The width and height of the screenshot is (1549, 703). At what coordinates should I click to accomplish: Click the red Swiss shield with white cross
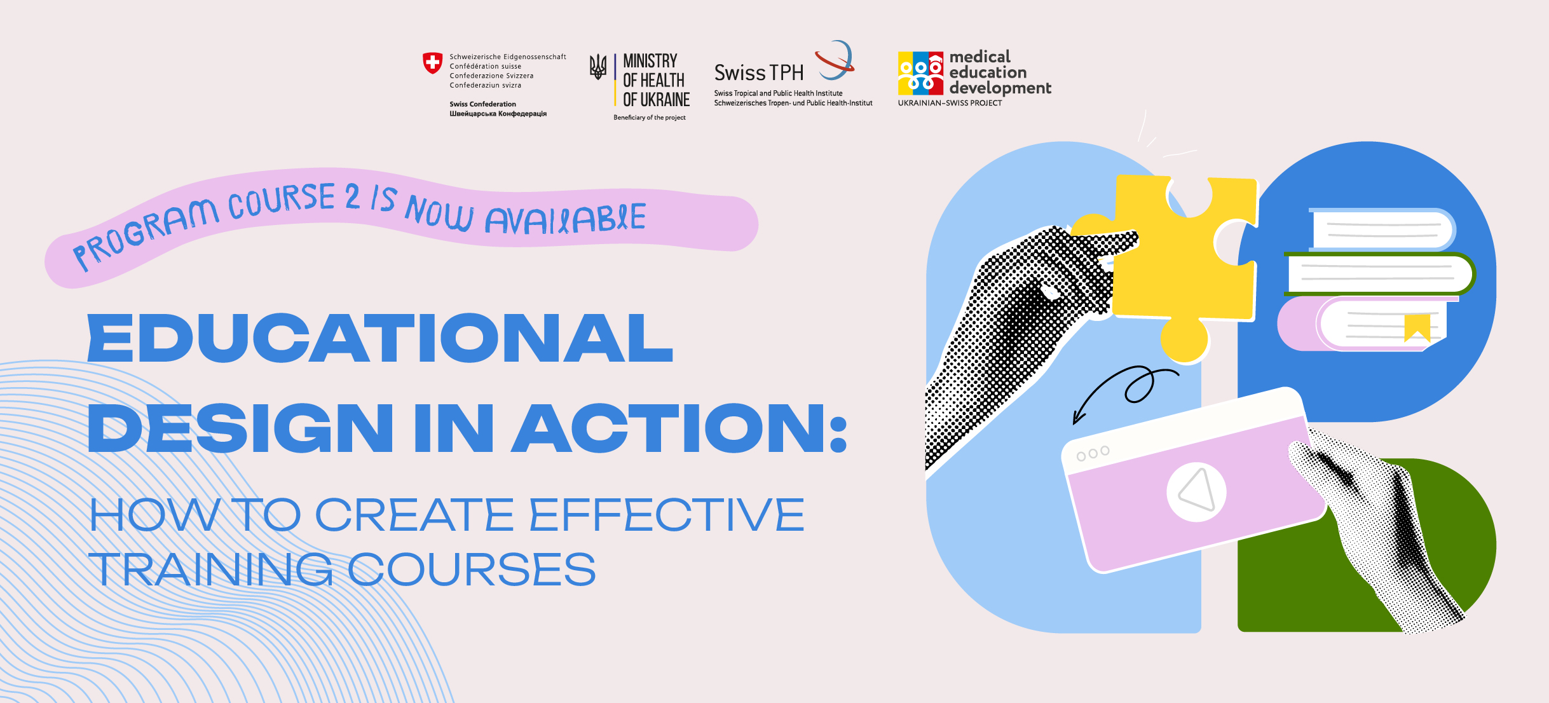pos(432,63)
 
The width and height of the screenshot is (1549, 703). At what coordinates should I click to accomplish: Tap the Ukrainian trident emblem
pos(597,66)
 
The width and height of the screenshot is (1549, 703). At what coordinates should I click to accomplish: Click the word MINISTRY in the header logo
pos(650,61)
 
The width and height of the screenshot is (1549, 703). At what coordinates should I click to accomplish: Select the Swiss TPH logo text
pos(759,73)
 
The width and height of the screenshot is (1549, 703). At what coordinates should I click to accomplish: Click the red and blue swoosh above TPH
pos(835,61)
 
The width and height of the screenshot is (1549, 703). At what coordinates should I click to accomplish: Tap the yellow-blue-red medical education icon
pos(920,73)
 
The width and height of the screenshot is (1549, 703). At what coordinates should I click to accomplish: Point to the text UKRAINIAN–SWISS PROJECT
pos(950,103)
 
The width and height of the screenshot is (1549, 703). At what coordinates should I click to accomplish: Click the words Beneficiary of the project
pos(650,118)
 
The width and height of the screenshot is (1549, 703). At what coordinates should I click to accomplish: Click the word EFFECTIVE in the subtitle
pos(667,514)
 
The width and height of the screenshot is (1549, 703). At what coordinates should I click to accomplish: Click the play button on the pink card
pos(1196,492)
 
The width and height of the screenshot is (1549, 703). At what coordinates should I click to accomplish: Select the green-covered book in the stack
pos(1379,274)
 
